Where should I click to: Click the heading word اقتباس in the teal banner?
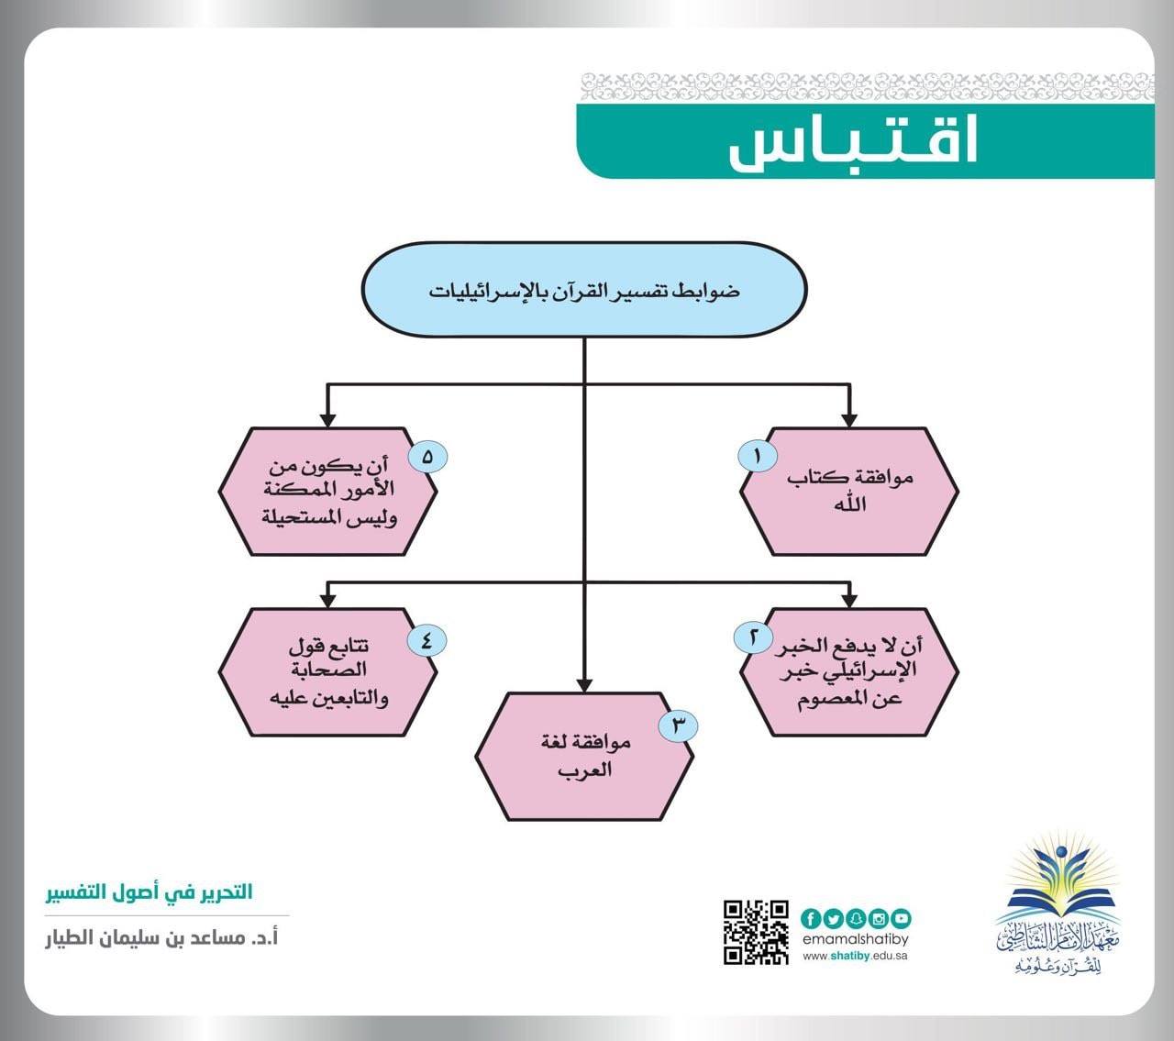click(x=853, y=141)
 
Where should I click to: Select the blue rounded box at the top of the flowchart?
click(x=584, y=289)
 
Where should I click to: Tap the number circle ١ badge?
click(x=758, y=456)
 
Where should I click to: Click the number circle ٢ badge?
click(x=753, y=637)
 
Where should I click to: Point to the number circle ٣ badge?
click(x=678, y=725)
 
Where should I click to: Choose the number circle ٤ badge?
click(x=427, y=640)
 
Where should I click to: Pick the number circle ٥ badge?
click(x=427, y=457)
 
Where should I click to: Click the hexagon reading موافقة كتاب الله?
click(x=849, y=492)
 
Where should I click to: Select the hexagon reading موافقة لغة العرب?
click(x=584, y=757)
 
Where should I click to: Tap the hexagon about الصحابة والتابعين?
click(x=328, y=672)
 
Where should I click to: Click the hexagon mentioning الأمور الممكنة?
click(x=328, y=492)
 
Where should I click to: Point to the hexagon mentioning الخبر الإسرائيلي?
click(x=849, y=672)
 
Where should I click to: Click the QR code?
click(x=756, y=932)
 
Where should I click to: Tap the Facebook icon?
click(x=811, y=919)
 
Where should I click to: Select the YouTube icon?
click(x=901, y=919)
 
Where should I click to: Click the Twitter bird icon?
click(x=834, y=919)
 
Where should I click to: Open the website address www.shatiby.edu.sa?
click(x=855, y=956)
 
